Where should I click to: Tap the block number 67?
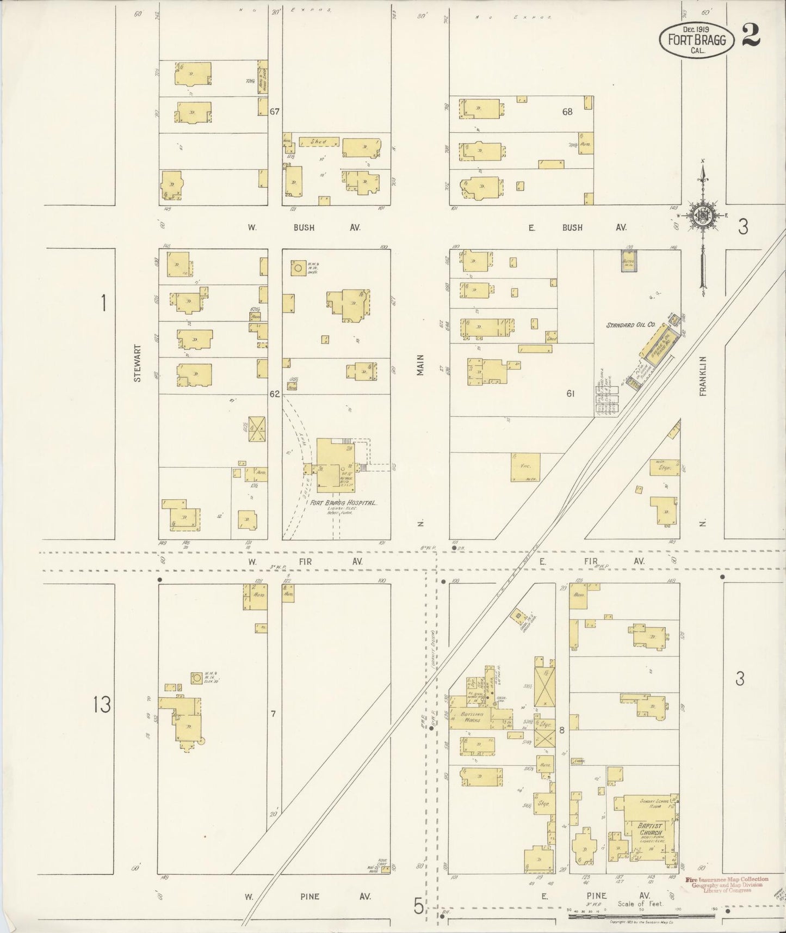(275, 112)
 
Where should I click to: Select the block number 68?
(567, 112)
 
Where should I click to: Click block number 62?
(275, 393)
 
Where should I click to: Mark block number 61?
(570, 393)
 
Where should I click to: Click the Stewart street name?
(138, 362)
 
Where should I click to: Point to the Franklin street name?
(703, 376)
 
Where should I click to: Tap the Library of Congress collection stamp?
(727, 885)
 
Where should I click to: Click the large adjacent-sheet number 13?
(102, 705)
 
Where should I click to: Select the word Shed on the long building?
(318, 142)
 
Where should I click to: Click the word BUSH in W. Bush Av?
(304, 228)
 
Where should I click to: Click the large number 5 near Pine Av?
(418, 906)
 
